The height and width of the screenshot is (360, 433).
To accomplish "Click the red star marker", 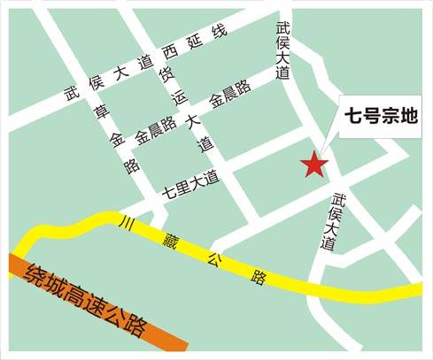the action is pos(314,165).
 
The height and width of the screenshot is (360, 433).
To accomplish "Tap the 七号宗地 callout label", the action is pos(381,116).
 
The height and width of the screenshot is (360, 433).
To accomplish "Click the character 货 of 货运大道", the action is pos(166,74).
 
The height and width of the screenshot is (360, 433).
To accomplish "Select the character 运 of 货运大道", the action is pos(179,98).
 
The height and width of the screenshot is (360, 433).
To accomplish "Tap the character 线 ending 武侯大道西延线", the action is pos(220,33).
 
